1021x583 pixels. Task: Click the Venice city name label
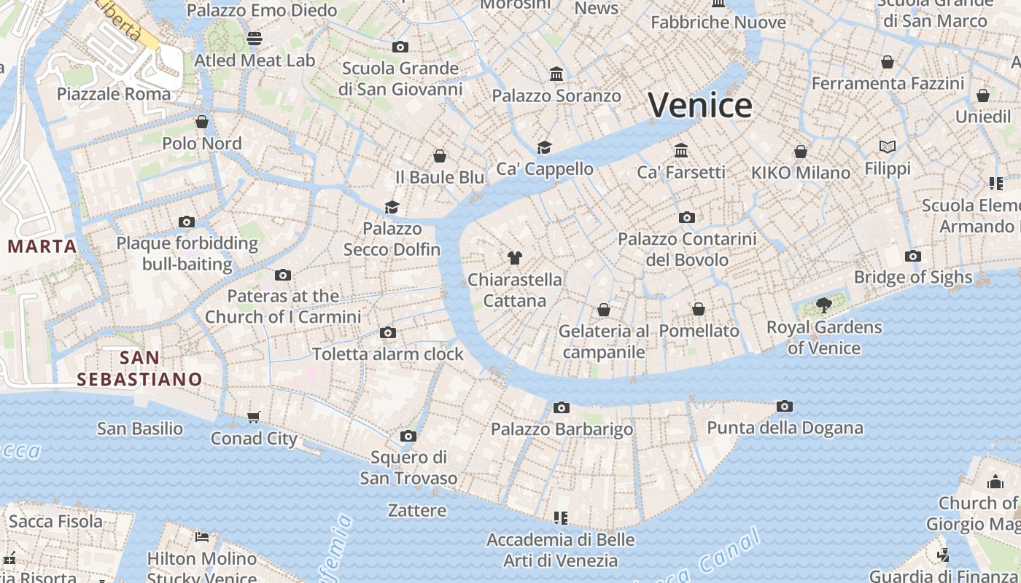pyautogui.click(x=700, y=106)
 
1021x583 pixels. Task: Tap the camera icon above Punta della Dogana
pyautogui.click(x=785, y=407)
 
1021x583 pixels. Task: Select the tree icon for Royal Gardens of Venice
pyautogui.click(x=824, y=305)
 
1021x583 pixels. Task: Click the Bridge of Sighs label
pyautogui.click(x=913, y=277)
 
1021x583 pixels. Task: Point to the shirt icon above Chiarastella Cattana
pyautogui.click(x=515, y=257)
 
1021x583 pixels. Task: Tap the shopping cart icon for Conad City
pyautogui.click(x=254, y=417)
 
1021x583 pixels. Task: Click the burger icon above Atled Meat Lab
pyautogui.click(x=255, y=38)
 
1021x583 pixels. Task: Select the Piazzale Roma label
pyautogui.click(x=114, y=94)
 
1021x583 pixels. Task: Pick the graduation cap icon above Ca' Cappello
pyautogui.click(x=545, y=147)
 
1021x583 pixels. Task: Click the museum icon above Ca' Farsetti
pyautogui.click(x=681, y=150)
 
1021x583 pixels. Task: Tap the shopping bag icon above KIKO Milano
pyautogui.click(x=801, y=152)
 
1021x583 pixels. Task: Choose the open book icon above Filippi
pyautogui.click(x=888, y=147)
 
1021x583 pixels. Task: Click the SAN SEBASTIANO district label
pyautogui.click(x=139, y=369)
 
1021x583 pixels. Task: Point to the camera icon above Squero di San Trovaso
pyautogui.click(x=408, y=436)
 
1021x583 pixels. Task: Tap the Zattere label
pyautogui.click(x=417, y=510)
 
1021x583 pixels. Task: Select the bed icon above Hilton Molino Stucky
pyautogui.click(x=202, y=538)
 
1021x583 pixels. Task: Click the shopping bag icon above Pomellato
pyautogui.click(x=699, y=309)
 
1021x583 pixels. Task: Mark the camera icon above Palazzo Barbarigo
pyautogui.click(x=561, y=407)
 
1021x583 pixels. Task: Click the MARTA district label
pyautogui.click(x=42, y=246)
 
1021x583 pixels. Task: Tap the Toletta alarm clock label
pyautogui.click(x=388, y=354)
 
